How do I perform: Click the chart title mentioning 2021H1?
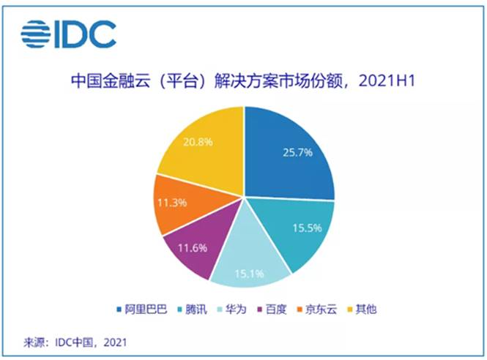242,79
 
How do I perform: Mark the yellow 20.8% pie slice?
198,146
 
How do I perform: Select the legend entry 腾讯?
191,310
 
